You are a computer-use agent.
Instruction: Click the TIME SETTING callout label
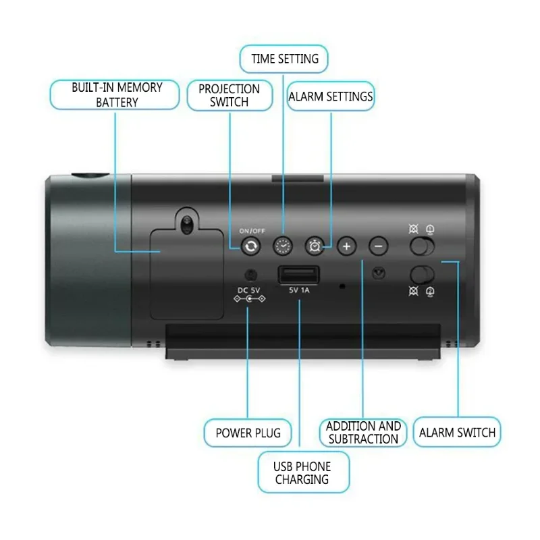click(283, 59)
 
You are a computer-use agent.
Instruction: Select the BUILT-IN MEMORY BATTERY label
click(115, 94)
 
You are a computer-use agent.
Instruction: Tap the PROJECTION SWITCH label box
click(230, 95)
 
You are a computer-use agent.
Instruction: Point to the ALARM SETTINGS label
click(331, 97)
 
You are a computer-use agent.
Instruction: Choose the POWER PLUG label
click(248, 433)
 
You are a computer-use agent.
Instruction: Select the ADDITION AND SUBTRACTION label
click(363, 433)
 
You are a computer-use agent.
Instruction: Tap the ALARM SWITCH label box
click(457, 432)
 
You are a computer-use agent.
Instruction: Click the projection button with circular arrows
click(250, 246)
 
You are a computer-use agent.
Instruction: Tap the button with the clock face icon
click(283, 246)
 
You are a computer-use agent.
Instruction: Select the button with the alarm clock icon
click(315, 246)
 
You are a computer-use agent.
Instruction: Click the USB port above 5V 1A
click(299, 275)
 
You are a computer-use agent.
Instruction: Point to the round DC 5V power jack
click(250, 275)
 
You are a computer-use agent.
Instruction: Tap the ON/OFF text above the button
click(252, 231)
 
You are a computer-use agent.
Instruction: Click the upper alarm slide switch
click(422, 246)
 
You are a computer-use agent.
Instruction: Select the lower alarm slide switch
click(422, 275)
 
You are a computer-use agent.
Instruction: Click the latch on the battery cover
click(187, 224)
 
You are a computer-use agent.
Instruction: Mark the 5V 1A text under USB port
click(299, 290)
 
